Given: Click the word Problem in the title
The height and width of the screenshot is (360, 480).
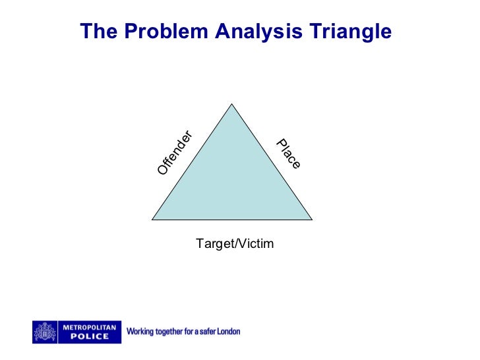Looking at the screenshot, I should tap(164, 32).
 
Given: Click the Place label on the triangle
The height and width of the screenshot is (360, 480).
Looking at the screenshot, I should tap(288, 154).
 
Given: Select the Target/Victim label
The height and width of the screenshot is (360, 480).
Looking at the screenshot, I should tap(234, 244).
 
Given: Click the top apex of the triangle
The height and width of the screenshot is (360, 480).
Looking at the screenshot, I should tap(232, 104).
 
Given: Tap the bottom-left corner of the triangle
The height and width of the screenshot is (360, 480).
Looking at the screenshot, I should tap(152, 220).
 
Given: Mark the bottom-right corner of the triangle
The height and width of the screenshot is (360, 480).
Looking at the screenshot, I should tap(312, 220).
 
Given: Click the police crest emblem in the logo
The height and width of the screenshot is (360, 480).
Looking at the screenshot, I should tap(45, 332).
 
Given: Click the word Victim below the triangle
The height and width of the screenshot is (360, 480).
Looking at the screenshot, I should tap(254, 244).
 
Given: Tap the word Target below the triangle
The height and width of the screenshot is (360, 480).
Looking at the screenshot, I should tap(212, 244).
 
